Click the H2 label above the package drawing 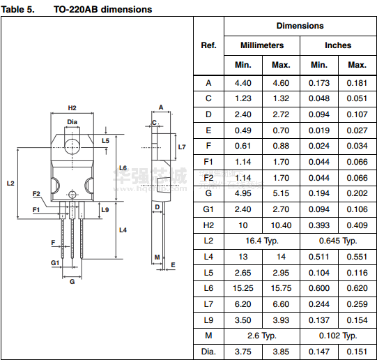click(72, 108)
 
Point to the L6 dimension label click(123, 167)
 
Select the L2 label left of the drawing click(10, 183)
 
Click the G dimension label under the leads click(72, 282)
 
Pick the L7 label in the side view click(182, 147)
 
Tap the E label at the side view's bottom click(173, 265)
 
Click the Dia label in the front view click(72, 122)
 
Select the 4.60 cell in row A click(281, 83)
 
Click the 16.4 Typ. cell click(262, 241)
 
